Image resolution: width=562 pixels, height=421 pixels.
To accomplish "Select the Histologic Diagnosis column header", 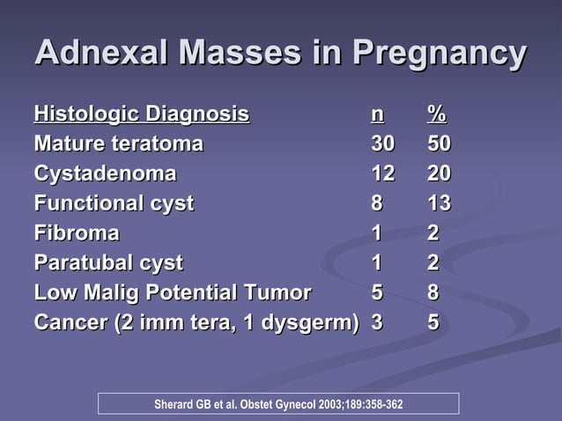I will (141, 114).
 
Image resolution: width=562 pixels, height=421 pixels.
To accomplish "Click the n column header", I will (377, 114).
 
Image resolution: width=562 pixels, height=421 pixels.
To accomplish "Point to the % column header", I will (436, 114).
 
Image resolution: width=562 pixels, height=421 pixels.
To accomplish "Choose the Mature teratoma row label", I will (118, 144).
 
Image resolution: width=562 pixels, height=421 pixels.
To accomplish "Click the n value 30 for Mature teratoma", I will (383, 144).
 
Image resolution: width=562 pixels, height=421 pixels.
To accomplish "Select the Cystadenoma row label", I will (105, 174).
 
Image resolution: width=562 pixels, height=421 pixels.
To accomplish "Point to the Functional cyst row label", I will (114, 203).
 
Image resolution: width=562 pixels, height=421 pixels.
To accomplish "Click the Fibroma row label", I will (77, 233).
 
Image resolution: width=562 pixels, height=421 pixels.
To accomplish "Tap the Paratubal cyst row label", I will (108, 263).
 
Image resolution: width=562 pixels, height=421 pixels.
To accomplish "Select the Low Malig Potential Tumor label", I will (173, 293).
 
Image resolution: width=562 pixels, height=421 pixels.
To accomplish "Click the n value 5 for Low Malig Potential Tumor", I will (377, 293).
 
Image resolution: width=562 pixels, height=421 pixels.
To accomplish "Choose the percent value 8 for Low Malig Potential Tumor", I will (433, 293).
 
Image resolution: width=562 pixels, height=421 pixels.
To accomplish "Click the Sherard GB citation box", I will (278, 404).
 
